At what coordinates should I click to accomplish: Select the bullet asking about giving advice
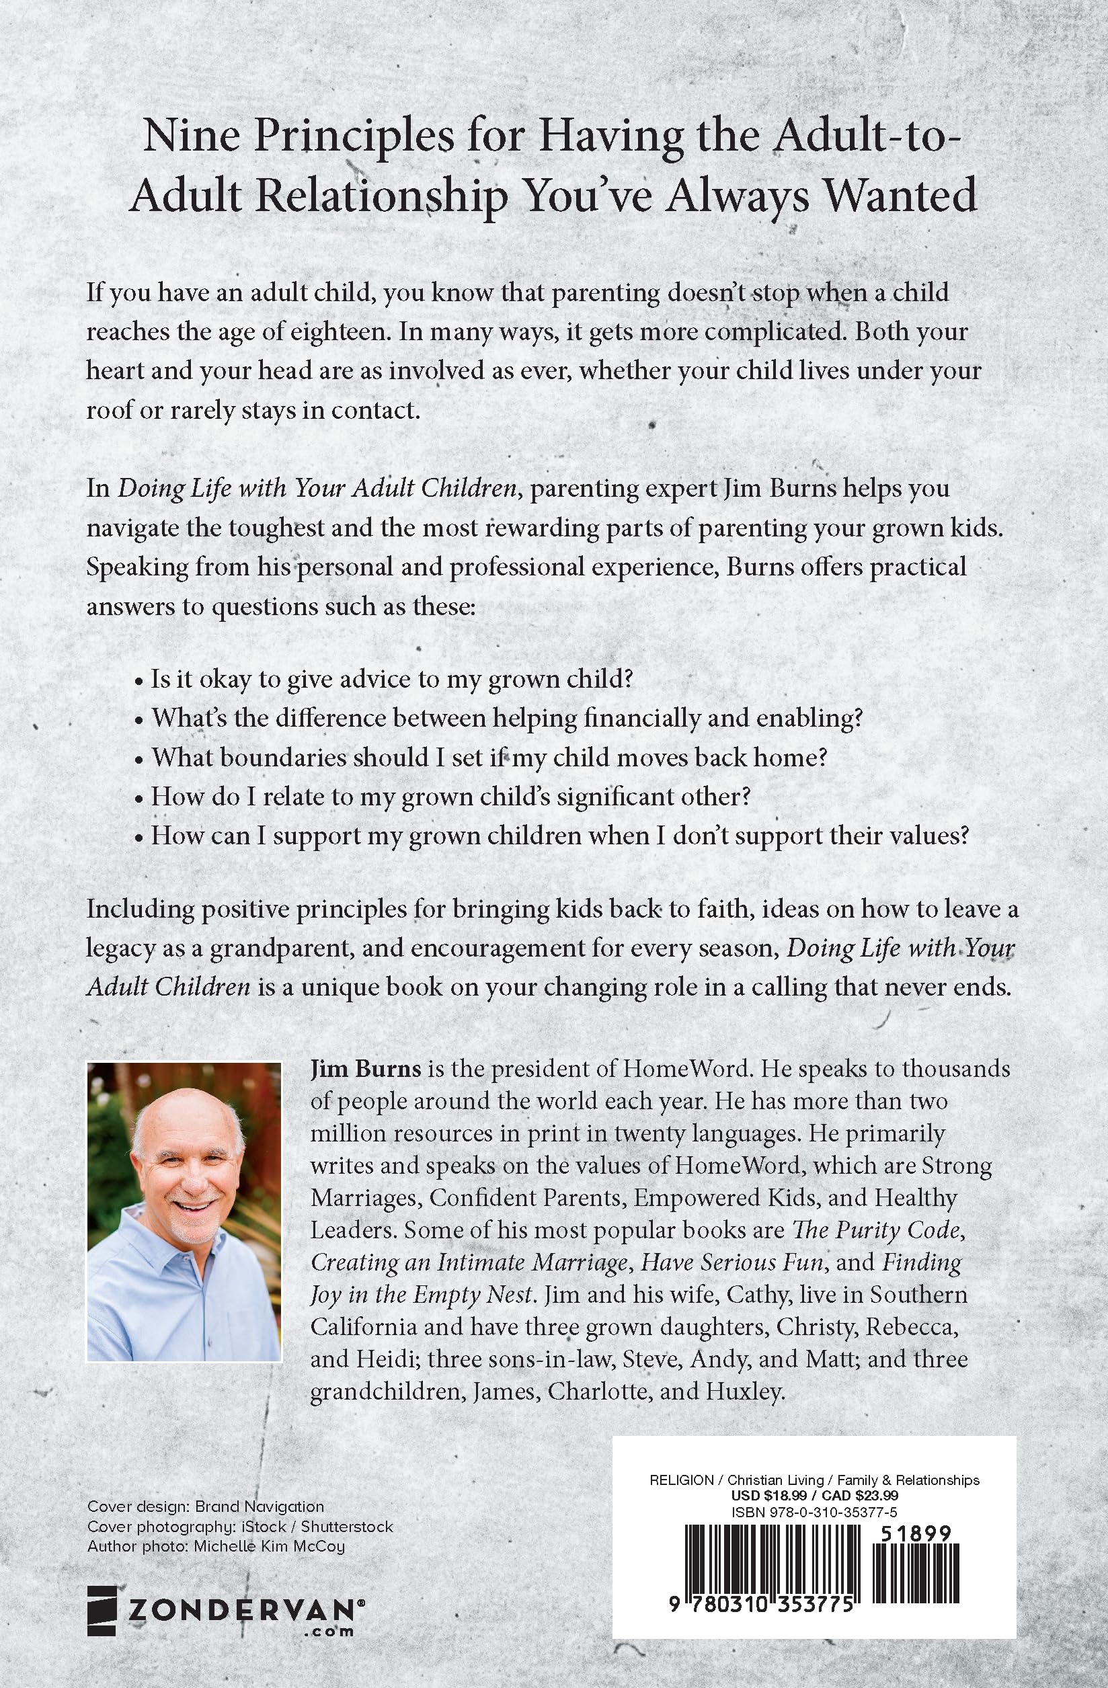tap(391, 679)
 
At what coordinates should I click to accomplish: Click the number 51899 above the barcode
tap(914, 1532)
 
